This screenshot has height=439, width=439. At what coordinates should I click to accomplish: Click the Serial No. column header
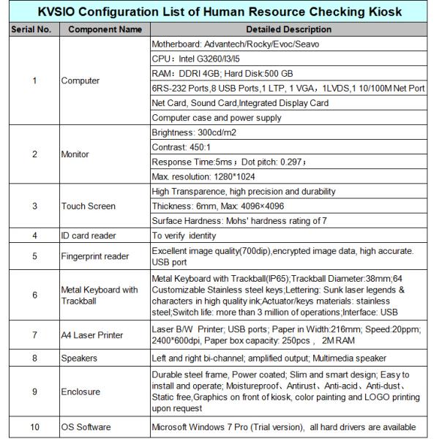[30, 29]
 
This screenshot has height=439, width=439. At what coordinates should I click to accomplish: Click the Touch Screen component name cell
[88, 206]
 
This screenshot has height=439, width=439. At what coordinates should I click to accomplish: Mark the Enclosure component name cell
[80, 392]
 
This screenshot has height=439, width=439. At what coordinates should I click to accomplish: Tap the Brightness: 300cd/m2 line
[195, 132]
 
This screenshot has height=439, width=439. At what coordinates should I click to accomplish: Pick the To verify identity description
[184, 236]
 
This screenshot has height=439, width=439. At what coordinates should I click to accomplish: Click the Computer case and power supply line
[217, 118]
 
